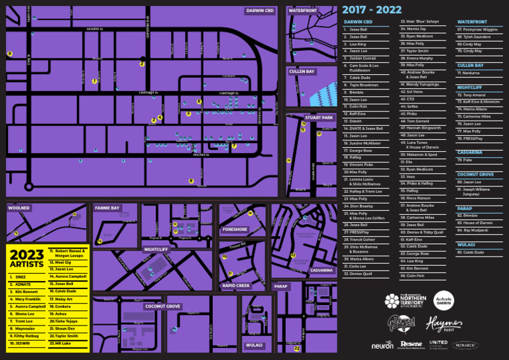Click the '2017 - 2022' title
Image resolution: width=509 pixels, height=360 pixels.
click(x=371, y=10)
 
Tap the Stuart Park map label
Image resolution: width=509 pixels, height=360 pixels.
click(x=319, y=118)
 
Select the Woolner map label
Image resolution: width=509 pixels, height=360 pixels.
click(x=19, y=208)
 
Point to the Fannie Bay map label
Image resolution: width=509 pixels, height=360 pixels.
click(x=107, y=208)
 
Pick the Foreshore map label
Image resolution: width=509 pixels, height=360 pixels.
click(x=235, y=229)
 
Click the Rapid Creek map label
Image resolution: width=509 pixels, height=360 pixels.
click(x=236, y=286)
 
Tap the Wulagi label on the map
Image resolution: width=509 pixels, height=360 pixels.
click(x=254, y=345)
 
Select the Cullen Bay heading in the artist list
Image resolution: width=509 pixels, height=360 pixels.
click(x=470, y=66)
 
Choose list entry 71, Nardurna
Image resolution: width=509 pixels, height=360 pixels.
click(x=471, y=73)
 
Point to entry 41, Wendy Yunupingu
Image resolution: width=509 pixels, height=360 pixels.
click(x=422, y=84)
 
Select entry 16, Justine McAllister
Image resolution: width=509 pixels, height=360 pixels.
click(x=365, y=143)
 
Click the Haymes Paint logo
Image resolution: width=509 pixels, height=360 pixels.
click(x=443, y=324)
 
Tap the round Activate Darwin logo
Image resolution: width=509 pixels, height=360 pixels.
click(x=443, y=301)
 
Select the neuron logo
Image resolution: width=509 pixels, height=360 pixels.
click(x=382, y=345)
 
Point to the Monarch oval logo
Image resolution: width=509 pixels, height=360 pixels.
click(x=465, y=345)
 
